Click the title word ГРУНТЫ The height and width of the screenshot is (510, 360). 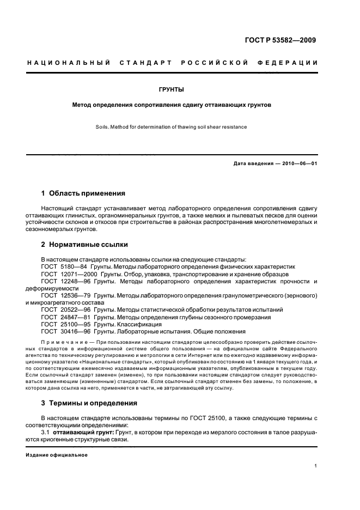(180, 89)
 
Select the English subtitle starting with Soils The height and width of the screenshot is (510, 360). (180, 127)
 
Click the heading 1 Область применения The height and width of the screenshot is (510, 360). (83, 193)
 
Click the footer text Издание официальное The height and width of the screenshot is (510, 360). (57, 454)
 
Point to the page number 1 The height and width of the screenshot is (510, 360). (316, 466)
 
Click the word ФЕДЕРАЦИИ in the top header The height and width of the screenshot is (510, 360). (292, 63)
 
